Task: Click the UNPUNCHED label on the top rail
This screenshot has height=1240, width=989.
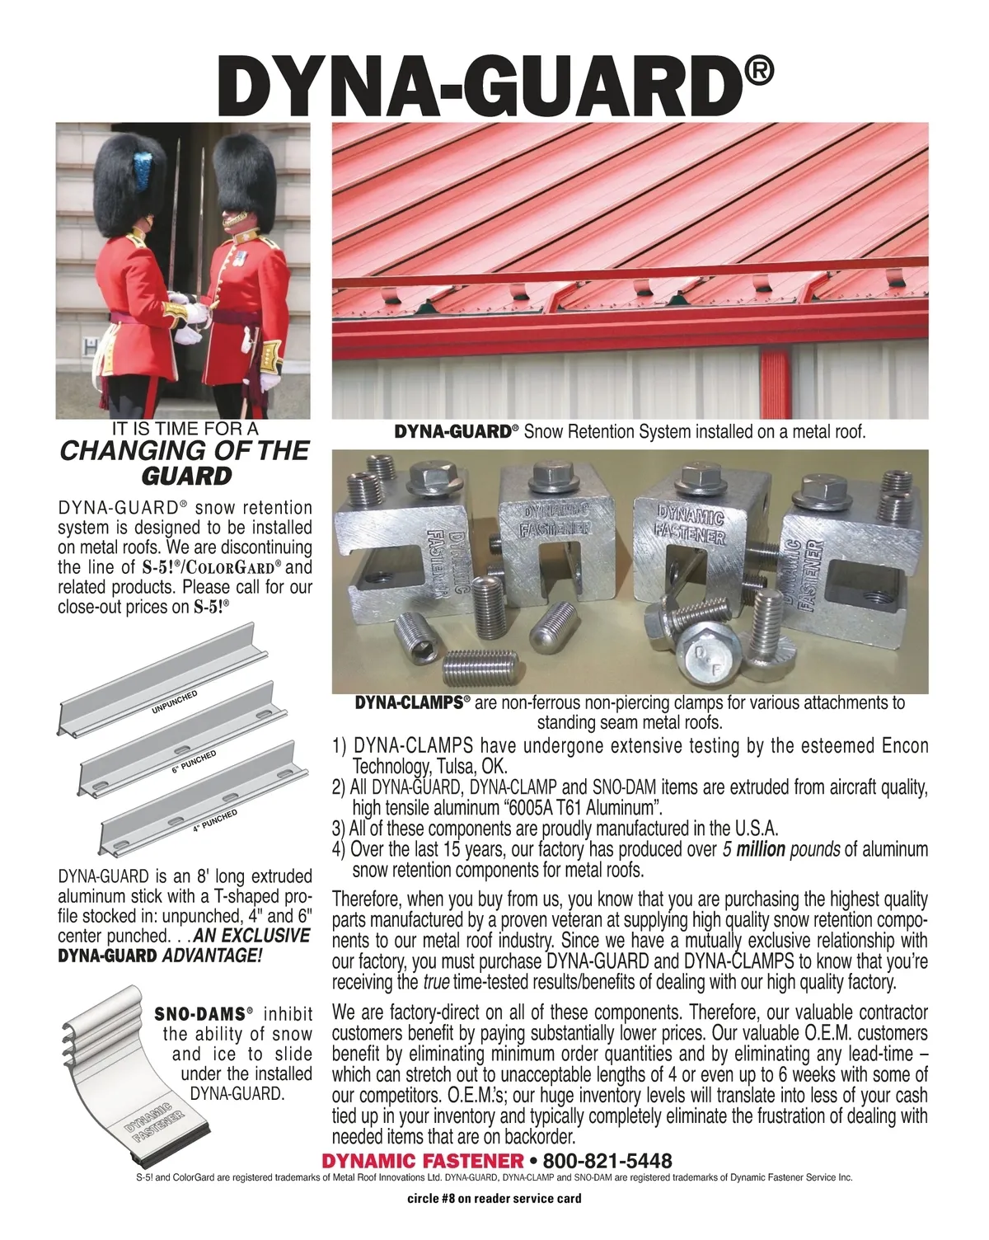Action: (174, 702)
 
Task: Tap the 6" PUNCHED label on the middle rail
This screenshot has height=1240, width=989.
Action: (194, 762)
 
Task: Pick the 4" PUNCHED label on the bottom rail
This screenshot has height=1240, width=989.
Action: (215, 821)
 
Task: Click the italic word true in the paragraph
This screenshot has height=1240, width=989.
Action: (436, 982)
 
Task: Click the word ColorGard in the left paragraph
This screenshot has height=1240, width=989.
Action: (233, 567)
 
